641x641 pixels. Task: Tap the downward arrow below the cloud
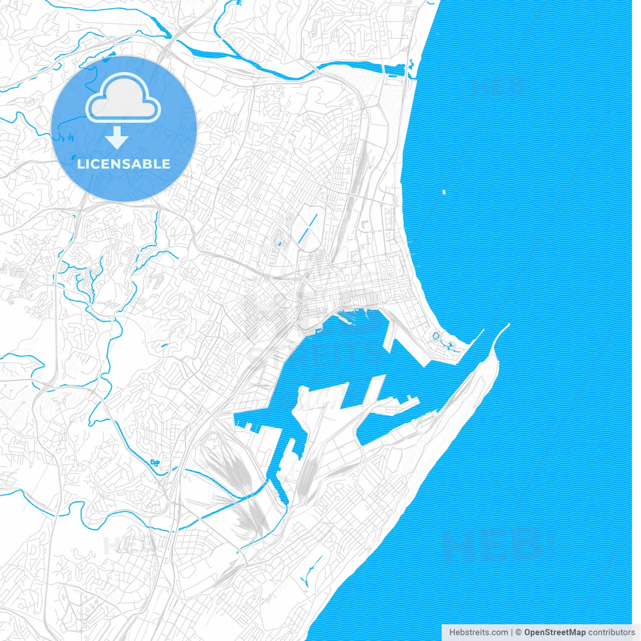click(117, 138)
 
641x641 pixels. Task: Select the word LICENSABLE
click(124, 164)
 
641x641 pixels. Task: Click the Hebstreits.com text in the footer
click(478, 632)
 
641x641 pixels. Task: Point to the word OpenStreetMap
click(554, 632)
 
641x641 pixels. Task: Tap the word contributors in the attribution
click(611, 632)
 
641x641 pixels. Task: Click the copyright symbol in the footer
click(518, 632)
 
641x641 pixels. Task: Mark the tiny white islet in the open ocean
click(444, 191)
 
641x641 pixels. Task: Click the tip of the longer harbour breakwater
click(508, 325)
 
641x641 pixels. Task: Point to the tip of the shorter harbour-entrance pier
click(483, 330)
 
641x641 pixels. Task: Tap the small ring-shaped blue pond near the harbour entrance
click(436, 335)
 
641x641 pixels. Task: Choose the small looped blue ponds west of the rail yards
click(154, 462)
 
